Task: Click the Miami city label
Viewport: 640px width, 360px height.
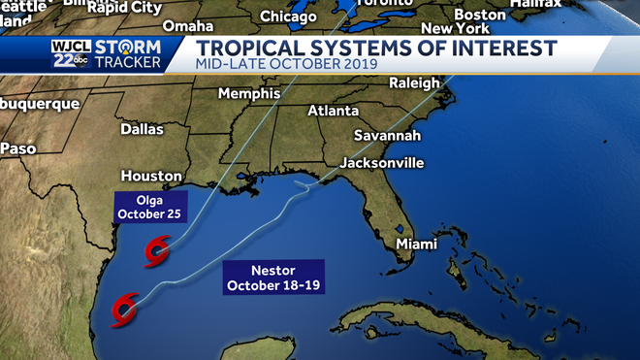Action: pyautogui.click(x=418, y=245)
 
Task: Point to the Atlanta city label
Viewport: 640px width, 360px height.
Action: pyautogui.click(x=333, y=112)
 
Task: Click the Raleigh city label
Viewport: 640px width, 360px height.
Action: pyautogui.click(x=414, y=83)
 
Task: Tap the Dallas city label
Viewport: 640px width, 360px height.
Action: pyautogui.click(x=143, y=129)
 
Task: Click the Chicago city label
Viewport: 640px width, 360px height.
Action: pyautogui.click(x=288, y=16)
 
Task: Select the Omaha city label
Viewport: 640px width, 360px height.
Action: pyautogui.click(x=188, y=26)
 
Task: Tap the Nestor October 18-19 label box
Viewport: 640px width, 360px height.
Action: pyautogui.click(x=273, y=278)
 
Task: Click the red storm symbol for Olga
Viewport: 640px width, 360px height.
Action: pyautogui.click(x=155, y=254)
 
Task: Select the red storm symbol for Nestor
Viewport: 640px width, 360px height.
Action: pyautogui.click(x=123, y=310)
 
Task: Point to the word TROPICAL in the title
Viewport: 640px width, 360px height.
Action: pyautogui.click(x=245, y=49)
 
